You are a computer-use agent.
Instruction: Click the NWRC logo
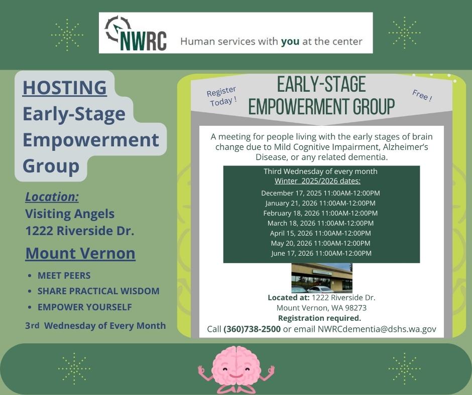[136, 34]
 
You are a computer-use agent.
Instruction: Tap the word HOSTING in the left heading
[64, 87]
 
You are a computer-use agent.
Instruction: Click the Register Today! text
[221, 96]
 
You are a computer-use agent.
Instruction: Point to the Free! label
[422, 95]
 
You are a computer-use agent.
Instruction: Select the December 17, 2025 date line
[320, 193]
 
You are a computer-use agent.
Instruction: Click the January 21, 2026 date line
[320, 203]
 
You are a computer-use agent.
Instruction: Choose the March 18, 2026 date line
[320, 223]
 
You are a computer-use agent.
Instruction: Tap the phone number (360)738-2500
[252, 329]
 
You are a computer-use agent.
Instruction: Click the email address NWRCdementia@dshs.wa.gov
[377, 329]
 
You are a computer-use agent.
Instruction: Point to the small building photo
[321, 278]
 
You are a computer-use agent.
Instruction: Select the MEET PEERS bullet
[64, 276]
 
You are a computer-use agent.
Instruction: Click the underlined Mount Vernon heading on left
[80, 253]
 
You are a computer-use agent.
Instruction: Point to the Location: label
[52, 196]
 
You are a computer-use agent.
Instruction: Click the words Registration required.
[319, 318]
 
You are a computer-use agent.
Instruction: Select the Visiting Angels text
[70, 214]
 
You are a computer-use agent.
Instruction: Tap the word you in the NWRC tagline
[290, 41]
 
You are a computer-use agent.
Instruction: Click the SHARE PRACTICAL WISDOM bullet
[98, 291]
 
